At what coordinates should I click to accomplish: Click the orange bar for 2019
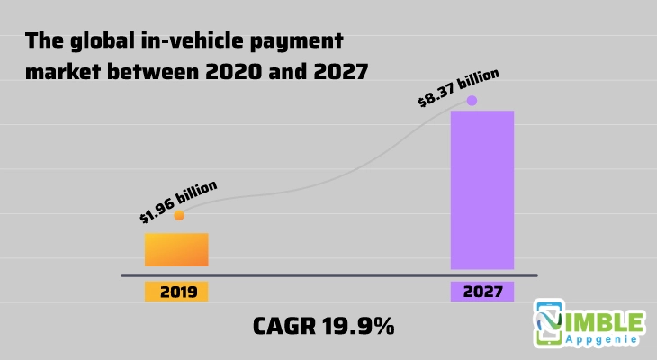176,249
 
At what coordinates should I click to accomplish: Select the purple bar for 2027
481,190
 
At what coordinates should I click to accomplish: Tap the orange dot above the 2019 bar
179,215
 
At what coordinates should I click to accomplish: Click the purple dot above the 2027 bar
472,101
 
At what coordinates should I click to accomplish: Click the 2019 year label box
176,292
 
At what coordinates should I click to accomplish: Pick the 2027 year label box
481,292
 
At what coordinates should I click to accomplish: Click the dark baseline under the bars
328,274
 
